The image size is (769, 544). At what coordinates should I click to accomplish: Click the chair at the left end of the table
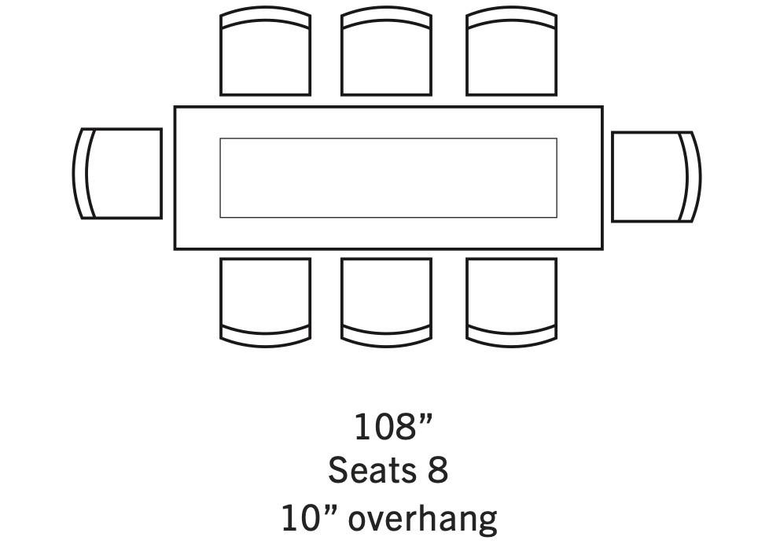[x=118, y=174]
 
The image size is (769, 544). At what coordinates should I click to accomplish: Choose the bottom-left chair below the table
[x=265, y=302]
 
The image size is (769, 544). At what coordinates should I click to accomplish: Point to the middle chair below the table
[x=386, y=302]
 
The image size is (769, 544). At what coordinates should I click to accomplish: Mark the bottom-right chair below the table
[x=512, y=302]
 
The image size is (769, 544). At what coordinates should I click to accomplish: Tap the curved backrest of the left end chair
[x=83, y=174]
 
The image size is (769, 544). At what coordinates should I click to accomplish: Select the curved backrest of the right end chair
[x=691, y=177]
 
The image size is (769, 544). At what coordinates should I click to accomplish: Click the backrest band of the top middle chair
[x=386, y=18]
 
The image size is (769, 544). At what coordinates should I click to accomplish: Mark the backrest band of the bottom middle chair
[x=386, y=335]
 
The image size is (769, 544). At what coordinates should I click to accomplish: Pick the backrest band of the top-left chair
[x=265, y=18]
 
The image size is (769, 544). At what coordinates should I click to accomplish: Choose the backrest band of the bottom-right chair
[x=512, y=335]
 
